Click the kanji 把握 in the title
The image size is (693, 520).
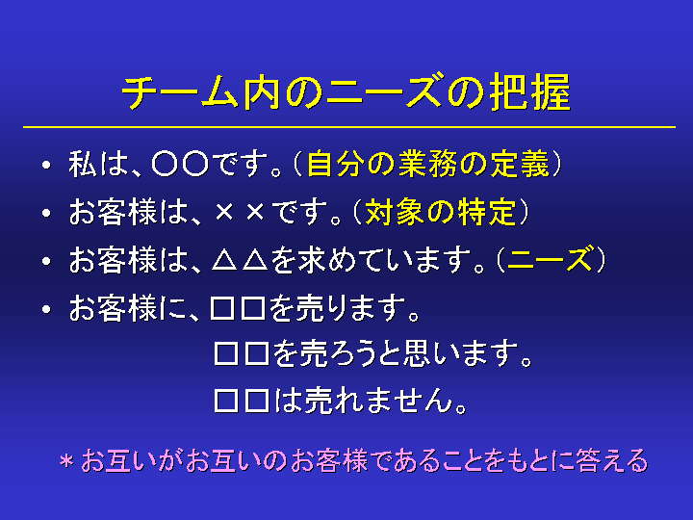pos(530,92)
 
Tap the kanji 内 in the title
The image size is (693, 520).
pos(262,92)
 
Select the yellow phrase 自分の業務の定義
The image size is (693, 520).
pos(427,164)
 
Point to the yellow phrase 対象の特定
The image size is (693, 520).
pos(440,212)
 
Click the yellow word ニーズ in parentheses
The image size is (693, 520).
pos(550,259)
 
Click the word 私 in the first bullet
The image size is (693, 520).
pos(83,164)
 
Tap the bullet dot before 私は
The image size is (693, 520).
pos(46,166)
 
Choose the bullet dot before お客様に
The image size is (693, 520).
pos(46,309)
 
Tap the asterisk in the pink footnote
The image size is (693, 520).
pos(66,461)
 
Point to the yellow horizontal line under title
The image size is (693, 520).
pos(349,127)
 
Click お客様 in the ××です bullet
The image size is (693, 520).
pos(114,212)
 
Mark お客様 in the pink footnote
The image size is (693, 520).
pos(329,460)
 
